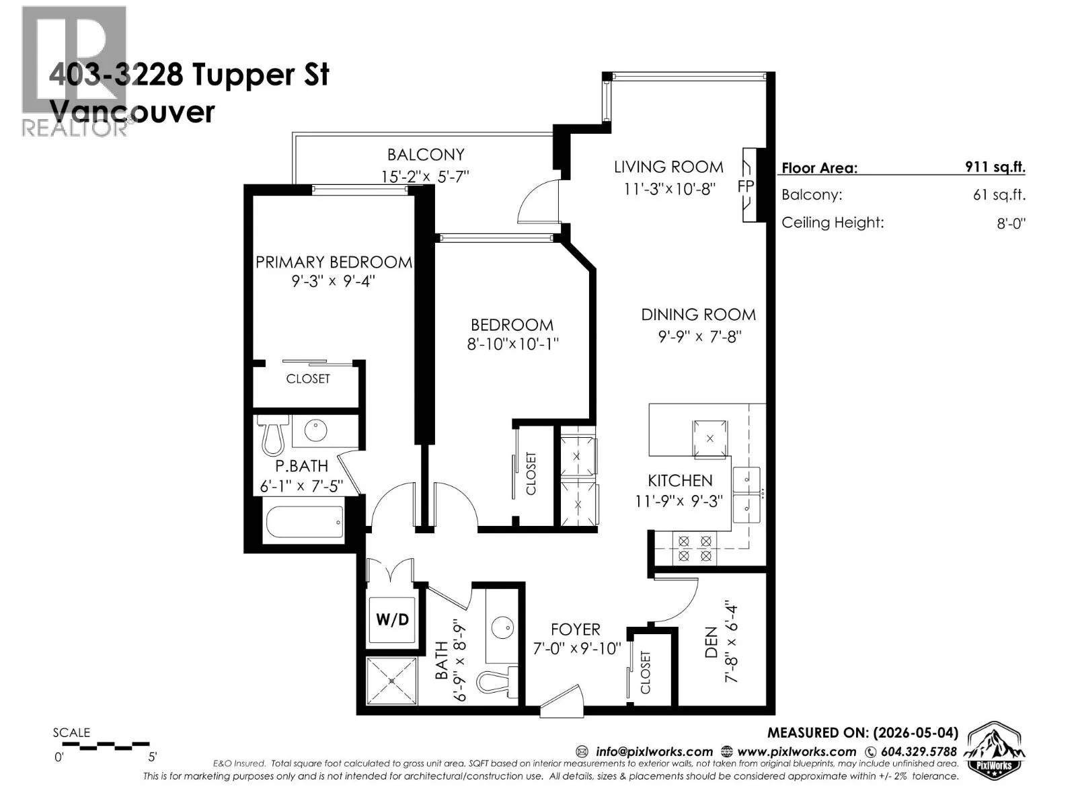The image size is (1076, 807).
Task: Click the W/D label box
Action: pyautogui.click(x=392, y=619)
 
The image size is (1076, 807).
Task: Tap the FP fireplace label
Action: pyautogui.click(x=745, y=186)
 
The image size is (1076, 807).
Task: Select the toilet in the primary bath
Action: pyautogui.click(x=272, y=435)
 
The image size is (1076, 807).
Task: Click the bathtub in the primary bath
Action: pyautogui.click(x=305, y=521)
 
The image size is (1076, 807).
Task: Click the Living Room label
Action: pyautogui.click(x=668, y=167)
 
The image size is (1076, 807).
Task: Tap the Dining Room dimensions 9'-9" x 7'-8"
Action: pyautogui.click(x=699, y=337)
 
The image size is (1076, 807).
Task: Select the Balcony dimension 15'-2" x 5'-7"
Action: pyautogui.click(x=425, y=176)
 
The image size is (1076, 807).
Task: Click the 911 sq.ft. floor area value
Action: pyautogui.click(x=995, y=167)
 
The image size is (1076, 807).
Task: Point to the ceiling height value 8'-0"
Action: pyautogui.click(x=1011, y=223)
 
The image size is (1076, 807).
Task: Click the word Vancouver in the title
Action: pyautogui.click(x=132, y=112)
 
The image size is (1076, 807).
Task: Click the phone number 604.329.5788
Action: pyautogui.click(x=919, y=752)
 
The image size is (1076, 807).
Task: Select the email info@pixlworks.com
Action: pyautogui.click(x=654, y=752)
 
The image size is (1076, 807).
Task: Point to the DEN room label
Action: pyautogui.click(x=712, y=643)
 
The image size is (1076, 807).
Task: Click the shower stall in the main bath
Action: pyautogui.click(x=391, y=681)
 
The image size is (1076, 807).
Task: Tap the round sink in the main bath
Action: pyautogui.click(x=502, y=628)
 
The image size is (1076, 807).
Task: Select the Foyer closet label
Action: pyautogui.click(x=645, y=672)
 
